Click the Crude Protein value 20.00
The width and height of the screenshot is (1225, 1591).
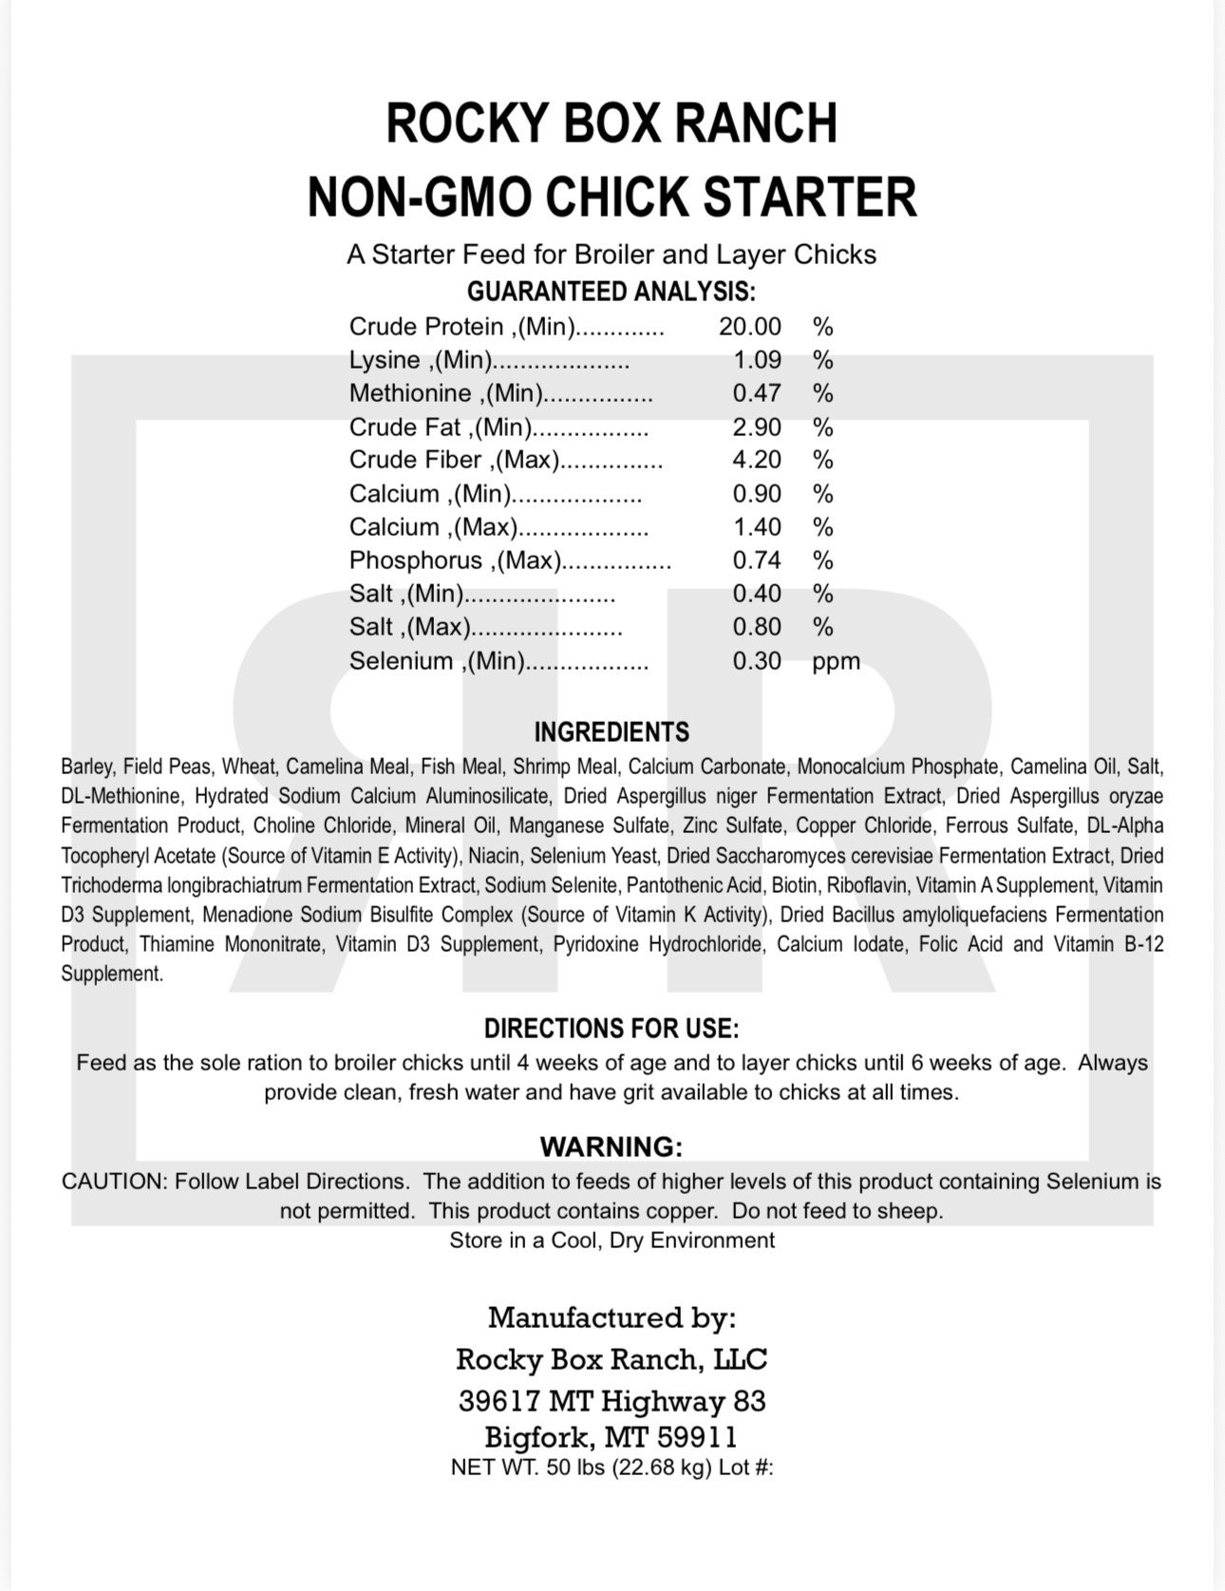749,327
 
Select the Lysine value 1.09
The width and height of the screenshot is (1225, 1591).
757,360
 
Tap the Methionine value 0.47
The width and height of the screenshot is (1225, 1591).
757,393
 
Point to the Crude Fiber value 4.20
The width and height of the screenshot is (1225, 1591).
757,460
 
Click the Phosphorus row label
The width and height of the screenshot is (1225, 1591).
452,560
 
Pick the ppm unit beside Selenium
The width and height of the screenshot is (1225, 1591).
836,661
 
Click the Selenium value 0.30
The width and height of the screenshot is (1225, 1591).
757,661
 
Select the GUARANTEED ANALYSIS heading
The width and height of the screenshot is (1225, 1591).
612,292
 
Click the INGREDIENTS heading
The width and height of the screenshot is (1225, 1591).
612,732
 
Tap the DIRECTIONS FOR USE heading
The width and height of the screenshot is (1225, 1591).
612,1029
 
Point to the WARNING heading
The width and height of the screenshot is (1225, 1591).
612,1147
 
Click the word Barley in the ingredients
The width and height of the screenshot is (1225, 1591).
86,767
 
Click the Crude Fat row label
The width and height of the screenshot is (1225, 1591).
441,426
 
